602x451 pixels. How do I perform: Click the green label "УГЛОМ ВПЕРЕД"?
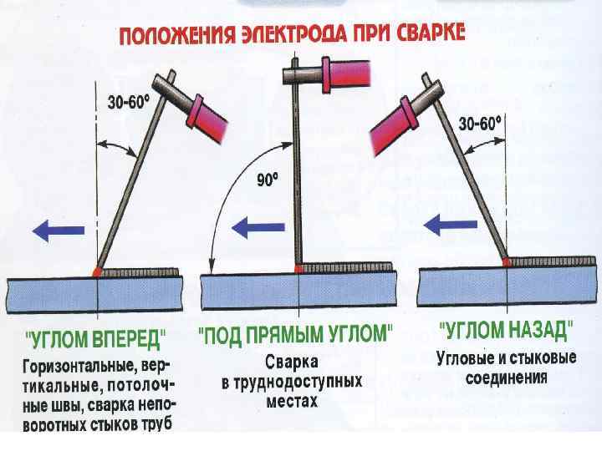point(96,340)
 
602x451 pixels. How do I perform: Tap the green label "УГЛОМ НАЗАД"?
point(507,329)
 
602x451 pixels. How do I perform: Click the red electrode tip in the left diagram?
point(99,271)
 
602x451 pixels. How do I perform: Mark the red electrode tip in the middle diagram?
point(298,267)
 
